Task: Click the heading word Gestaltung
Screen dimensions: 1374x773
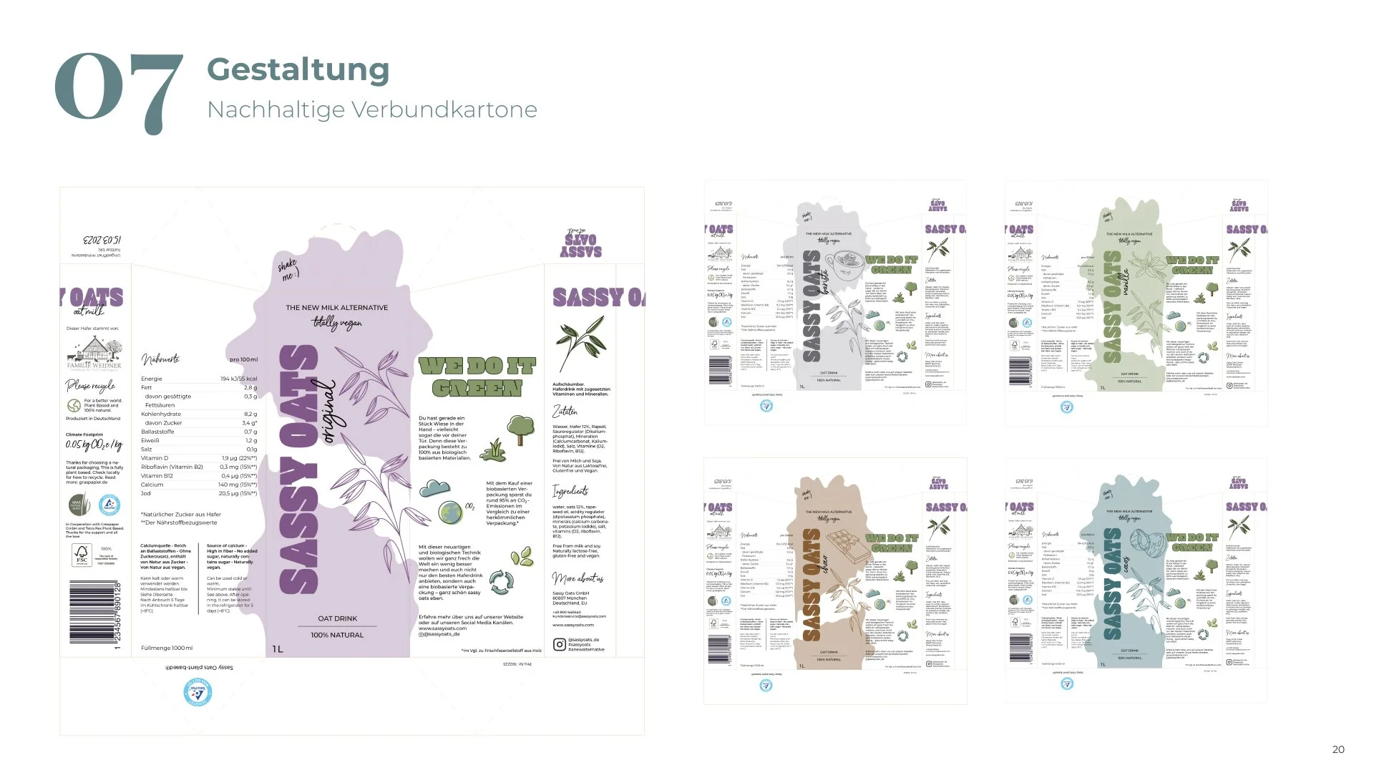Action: (x=298, y=69)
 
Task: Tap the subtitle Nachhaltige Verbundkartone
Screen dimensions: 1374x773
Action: (x=371, y=110)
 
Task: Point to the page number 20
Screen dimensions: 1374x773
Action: (x=1338, y=749)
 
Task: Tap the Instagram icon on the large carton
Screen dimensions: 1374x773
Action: (x=559, y=644)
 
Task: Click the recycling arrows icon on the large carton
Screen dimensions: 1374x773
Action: (x=501, y=581)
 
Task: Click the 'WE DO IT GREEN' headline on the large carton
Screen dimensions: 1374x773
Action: (x=477, y=378)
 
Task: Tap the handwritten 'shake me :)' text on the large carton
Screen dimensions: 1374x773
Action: (x=288, y=271)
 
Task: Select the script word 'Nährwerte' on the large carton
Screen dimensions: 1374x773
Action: (x=160, y=359)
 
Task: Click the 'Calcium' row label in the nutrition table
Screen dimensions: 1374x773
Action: (x=152, y=485)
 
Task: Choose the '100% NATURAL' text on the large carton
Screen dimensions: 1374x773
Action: (x=337, y=635)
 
